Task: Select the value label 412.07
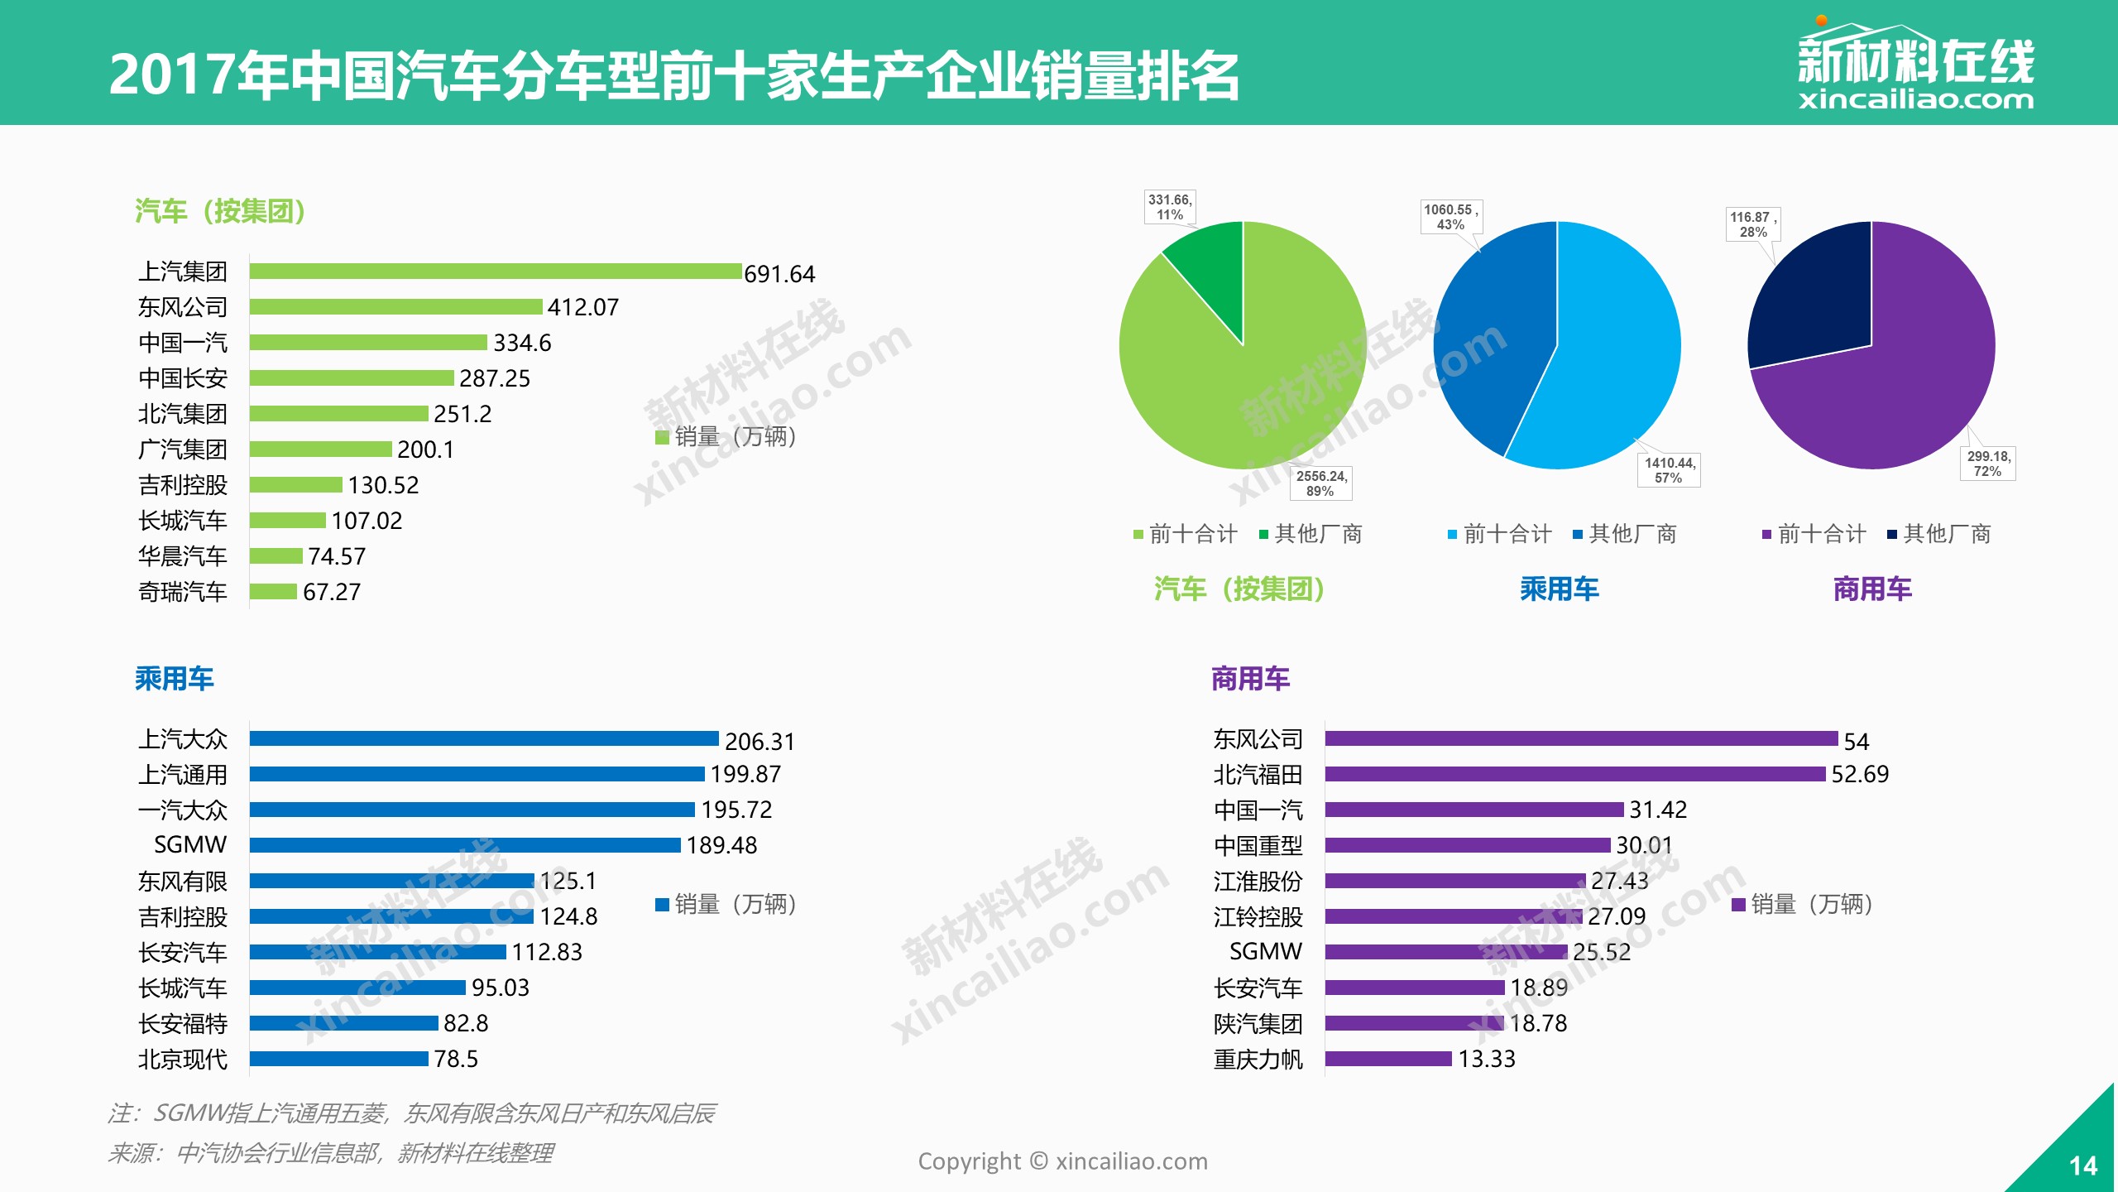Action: (x=582, y=307)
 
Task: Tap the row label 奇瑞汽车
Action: (x=182, y=592)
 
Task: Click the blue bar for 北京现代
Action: (x=339, y=1059)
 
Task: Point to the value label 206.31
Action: (x=760, y=741)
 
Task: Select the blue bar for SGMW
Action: (x=465, y=845)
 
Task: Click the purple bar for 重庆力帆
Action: (x=1388, y=1059)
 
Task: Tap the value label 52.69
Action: (x=1860, y=774)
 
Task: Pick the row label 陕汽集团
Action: (x=1258, y=1024)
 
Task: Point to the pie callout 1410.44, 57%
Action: (x=1670, y=470)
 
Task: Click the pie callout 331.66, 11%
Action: (x=1169, y=207)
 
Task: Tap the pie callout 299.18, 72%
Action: (x=1987, y=464)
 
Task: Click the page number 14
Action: (x=2083, y=1166)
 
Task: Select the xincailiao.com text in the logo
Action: (x=1915, y=100)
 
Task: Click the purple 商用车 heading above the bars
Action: (x=1250, y=679)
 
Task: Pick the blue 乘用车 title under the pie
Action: (x=1559, y=589)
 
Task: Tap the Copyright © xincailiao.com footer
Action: (x=1062, y=1161)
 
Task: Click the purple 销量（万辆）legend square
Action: (x=1738, y=904)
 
